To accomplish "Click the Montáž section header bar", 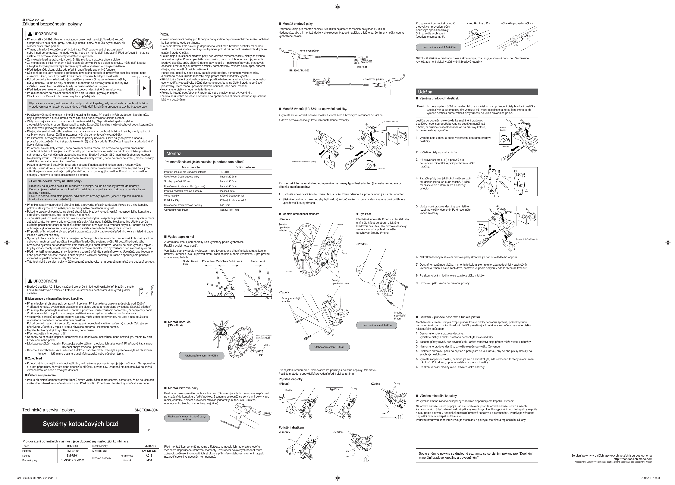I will tap(218, 153).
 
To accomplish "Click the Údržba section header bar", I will tap(477, 92).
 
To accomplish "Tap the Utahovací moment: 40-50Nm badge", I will tap(201, 355).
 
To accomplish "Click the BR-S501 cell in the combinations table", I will tap(72, 446).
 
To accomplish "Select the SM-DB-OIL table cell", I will tap(149, 451).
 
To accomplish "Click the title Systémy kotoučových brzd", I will tap(81, 424).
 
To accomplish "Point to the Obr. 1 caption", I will tap(232, 298).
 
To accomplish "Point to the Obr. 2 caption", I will tap(269, 298).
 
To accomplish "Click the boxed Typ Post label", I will tap(335, 389).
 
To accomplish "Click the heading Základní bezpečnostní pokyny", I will tap(52, 24).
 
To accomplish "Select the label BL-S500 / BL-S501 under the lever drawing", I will tap(300, 71).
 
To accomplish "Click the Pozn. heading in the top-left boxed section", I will tap(164, 34).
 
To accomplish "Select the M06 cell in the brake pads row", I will tap(149, 460).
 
